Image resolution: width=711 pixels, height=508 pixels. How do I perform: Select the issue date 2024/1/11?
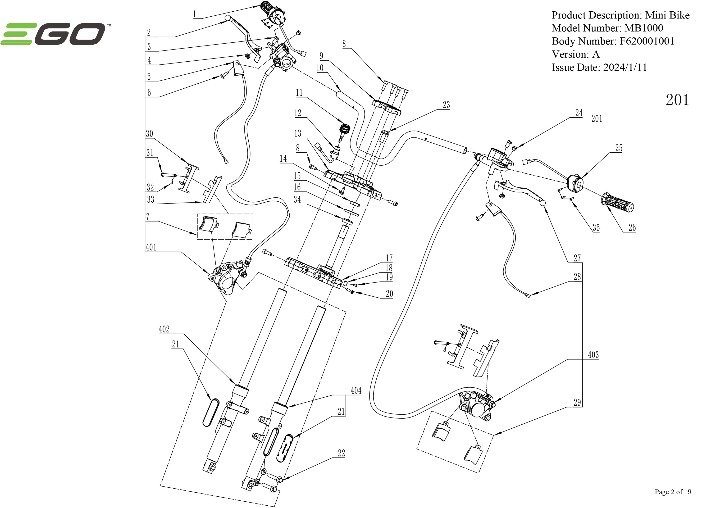[625, 68]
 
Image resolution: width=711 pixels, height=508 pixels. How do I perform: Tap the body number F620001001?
[647, 41]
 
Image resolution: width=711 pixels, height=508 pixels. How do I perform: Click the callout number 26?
[632, 228]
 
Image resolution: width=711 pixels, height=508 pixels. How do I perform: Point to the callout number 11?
[299, 93]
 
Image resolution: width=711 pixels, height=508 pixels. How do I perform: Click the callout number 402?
[164, 329]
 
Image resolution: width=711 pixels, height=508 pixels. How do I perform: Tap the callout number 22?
[341, 453]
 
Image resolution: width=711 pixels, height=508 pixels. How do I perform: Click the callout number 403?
[593, 355]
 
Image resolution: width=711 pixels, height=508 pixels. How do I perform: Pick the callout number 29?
[577, 403]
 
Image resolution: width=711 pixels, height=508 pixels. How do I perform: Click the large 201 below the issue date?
[677, 100]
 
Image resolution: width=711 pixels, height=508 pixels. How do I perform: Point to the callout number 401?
[151, 247]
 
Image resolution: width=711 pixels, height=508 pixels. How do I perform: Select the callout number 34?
[297, 200]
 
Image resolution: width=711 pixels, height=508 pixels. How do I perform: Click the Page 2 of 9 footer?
[673, 492]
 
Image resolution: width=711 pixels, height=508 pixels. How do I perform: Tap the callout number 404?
[356, 391]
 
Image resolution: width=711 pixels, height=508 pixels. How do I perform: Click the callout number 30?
[149, 134]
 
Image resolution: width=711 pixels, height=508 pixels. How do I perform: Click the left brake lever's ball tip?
[228, 18]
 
